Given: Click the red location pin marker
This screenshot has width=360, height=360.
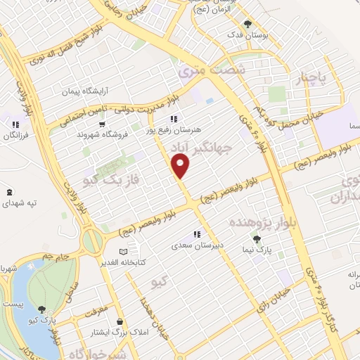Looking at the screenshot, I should (181, 167).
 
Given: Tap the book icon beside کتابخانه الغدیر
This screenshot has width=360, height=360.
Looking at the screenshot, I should (124, 251).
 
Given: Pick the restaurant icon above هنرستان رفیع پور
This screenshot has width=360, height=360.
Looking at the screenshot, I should (174, 119).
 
